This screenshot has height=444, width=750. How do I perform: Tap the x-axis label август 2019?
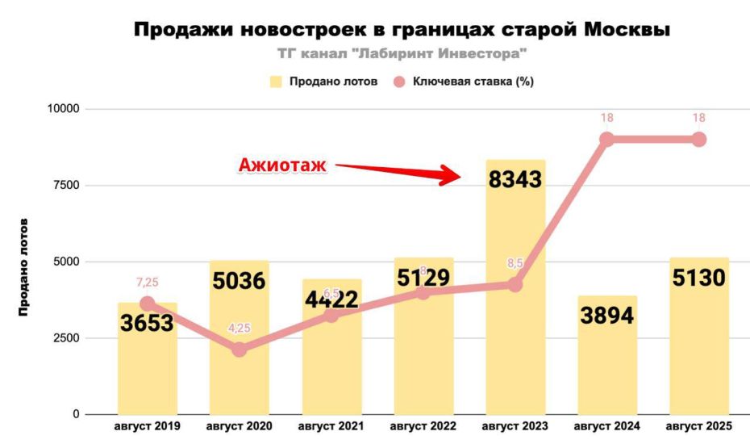coord(148,425)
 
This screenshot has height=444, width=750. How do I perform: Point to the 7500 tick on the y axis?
coord(65,185)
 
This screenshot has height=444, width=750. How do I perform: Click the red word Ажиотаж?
coord(282,165)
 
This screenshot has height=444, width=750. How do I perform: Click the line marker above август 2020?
coord(239,350)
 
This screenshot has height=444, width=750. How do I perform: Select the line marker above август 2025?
coord(699,139)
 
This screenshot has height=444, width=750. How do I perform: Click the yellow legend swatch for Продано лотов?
coord(276,82)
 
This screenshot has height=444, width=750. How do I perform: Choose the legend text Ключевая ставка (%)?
coord(473,82)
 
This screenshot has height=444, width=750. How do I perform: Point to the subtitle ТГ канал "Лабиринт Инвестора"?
coord(401,53)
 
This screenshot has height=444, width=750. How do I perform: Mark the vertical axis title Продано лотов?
coord(23,266)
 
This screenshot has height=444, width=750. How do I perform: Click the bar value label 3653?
coord(148,324)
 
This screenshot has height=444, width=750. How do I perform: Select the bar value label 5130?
coord(699,278)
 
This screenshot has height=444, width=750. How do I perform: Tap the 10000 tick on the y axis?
coord(62,109)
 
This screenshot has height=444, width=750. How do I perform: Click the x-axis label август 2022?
coord(423,425)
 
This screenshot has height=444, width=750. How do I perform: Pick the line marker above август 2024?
coord(607,139)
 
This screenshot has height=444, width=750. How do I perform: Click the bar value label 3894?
coord(607,315)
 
